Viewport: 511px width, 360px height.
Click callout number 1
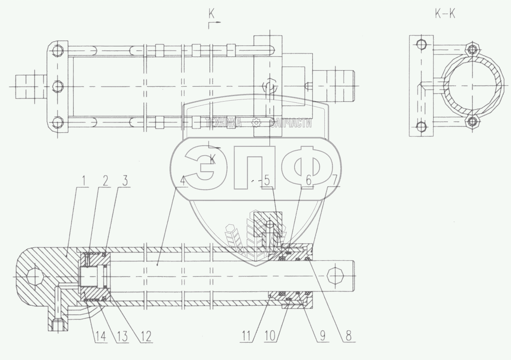pos(84,181)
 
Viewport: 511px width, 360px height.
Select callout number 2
pos(105,181)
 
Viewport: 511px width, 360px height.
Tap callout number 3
pos(125,181)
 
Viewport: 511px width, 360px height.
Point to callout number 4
pos(182,181)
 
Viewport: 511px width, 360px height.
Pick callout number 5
pos(267,181)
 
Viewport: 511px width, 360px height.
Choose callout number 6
pos(308,181)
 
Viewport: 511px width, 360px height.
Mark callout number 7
pos(334,181)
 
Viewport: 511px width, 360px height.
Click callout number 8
pos(348,336)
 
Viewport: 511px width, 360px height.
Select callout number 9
pos(322,336)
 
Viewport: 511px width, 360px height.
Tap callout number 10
pos(270,336)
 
